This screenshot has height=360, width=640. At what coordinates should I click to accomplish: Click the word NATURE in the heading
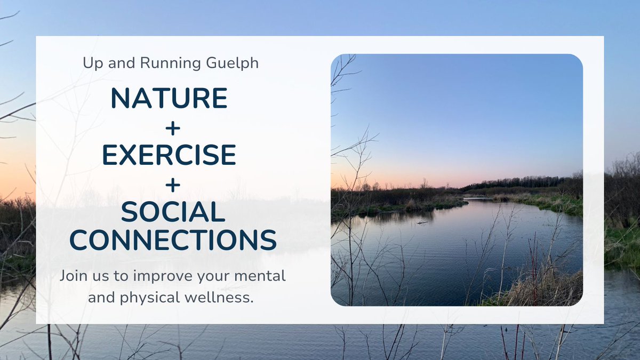tap(169, 98)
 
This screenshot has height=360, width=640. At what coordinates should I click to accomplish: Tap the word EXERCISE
tap(169, 155)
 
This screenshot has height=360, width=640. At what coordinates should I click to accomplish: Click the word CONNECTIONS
tap(173, 241)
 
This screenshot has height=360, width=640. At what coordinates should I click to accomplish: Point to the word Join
tap(72, 277)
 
